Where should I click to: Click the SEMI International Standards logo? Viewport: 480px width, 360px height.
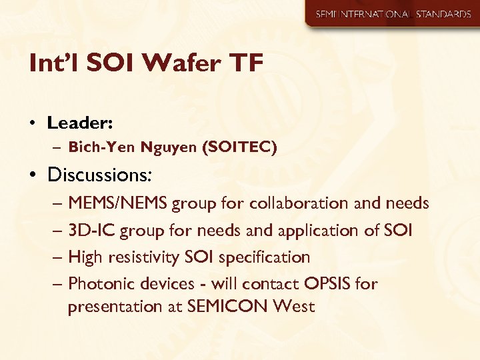[393, 14]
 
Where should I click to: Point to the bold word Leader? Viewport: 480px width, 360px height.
[79, 123]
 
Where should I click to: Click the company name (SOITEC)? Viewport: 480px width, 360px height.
[239, 147]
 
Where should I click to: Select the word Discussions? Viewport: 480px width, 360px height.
[100, 175]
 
